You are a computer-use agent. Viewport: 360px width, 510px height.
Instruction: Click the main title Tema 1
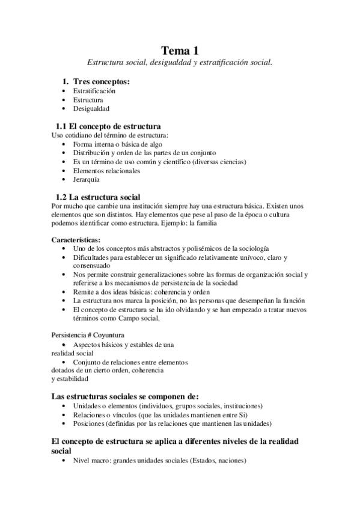pyautogui.click(x=180, y=51)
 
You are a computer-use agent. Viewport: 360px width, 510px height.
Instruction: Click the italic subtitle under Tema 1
pyautogui.click(x=180, y=62)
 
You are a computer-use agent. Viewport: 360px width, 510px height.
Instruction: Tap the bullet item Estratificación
pyautogui.click(x=94, y=91)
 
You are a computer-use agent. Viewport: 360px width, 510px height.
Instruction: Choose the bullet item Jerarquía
pyautogui.click(x=87, y=179)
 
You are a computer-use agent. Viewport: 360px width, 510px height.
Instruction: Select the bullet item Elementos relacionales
pyautogui.click(x=106, y=170)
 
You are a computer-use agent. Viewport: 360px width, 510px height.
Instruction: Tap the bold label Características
pyautogui.click(x=76, y=240)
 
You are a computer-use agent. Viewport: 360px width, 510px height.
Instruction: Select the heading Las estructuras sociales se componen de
pyautogui.click(x=125, y=396)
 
